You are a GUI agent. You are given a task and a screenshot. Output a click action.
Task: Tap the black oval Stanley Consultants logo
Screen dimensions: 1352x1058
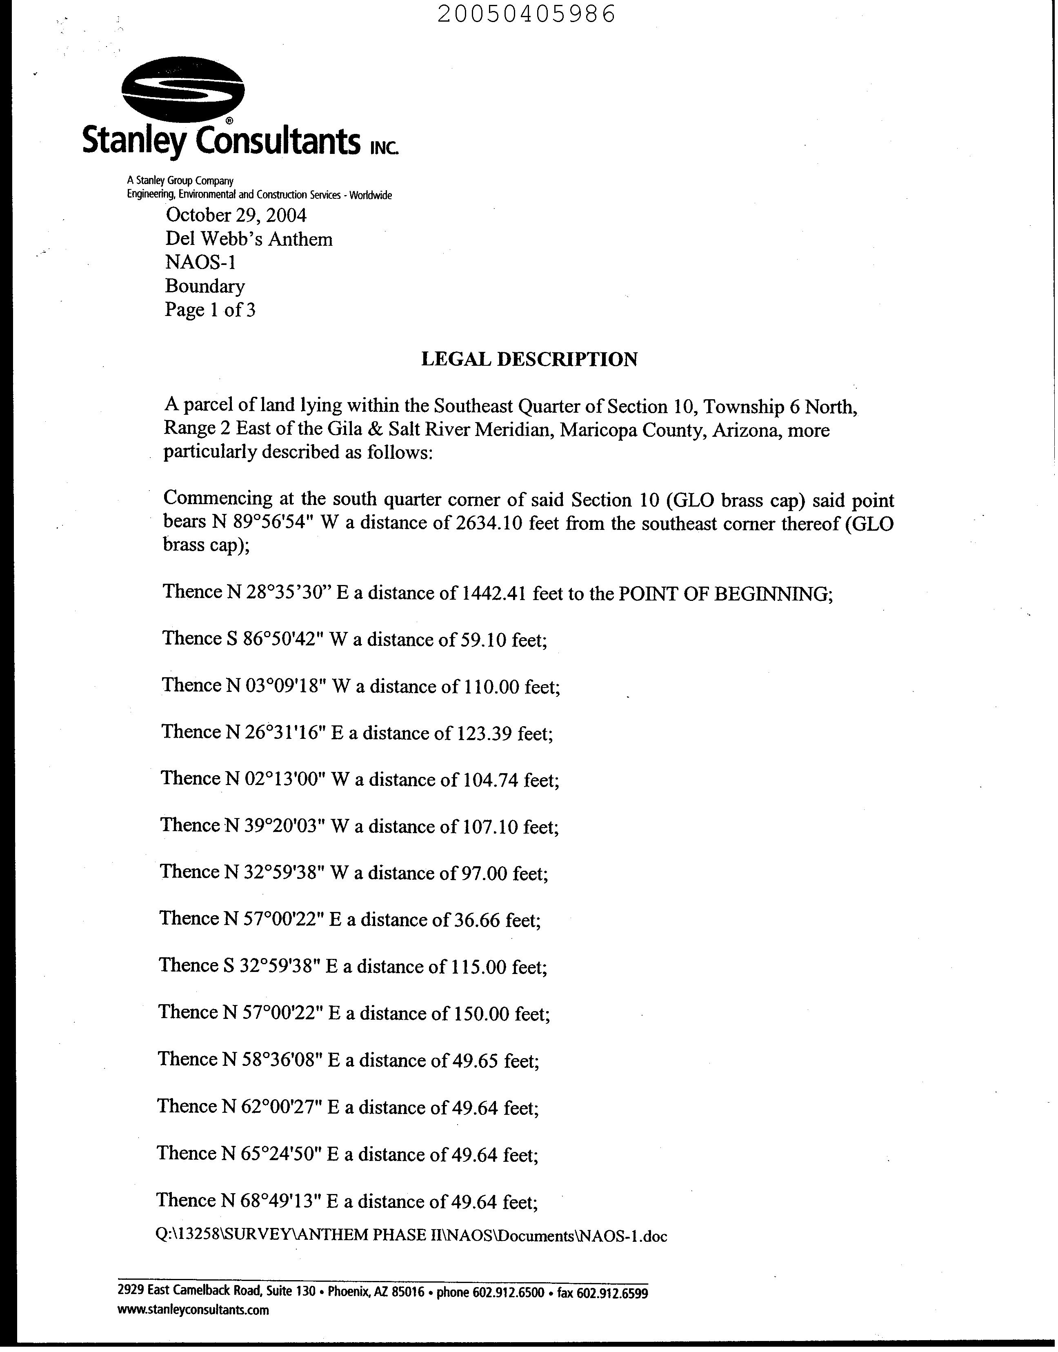(183, 93)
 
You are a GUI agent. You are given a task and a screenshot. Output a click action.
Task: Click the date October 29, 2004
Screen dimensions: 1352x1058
(236, 216)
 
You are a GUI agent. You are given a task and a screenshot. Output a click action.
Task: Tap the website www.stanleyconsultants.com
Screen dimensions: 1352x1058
(193, 1310)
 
